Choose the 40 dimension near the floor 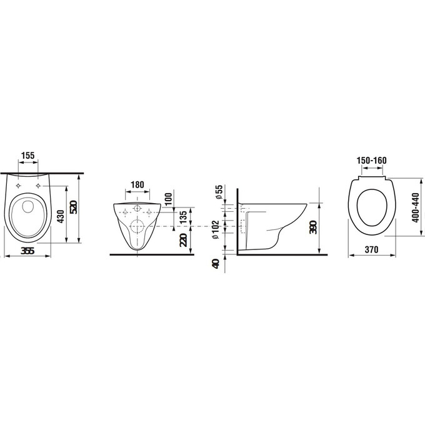tap(216, 264)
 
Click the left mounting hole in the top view tap(19, 186)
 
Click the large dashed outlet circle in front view tap(138, 226)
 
